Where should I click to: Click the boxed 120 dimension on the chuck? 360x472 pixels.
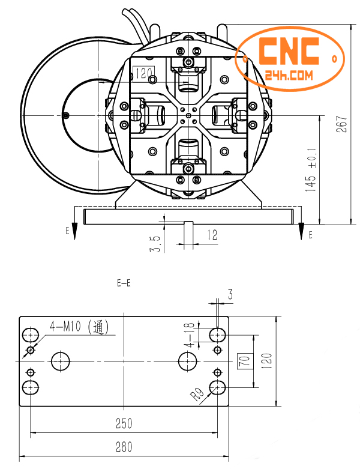(x=145, y=73)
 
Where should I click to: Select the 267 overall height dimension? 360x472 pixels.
(x=343, y=124)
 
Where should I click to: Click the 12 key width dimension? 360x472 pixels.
(x=212, y=235)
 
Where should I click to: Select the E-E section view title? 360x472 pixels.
(x=124, y=283)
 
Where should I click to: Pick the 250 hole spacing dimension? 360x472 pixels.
(x=124, y=423)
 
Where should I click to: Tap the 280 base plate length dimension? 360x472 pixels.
(x=124, y=447)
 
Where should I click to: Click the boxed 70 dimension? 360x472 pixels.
(x=244, y=361)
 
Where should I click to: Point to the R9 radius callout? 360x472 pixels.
(x=197, y=395)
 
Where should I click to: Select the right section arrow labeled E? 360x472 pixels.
(x=301, y=231)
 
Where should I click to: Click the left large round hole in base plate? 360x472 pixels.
(x=61, y=361)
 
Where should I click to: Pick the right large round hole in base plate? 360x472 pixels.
(x=187, y=361)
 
